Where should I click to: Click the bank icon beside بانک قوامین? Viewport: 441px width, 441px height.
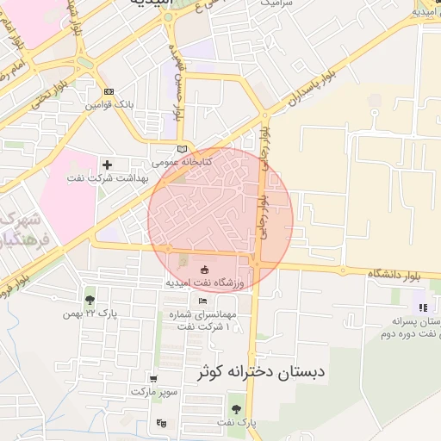pyautogui.click(x=108, y=91)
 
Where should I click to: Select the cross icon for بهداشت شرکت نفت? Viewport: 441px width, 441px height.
pyautogui.click(x=107, y=164)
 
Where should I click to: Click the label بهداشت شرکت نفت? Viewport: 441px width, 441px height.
pyautogui.click(x=108, y=178)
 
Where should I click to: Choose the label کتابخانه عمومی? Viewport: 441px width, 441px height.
pyautogui.click(x=177, y=161)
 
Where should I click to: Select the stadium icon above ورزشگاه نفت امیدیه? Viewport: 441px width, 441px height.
pyautogui.click(x=204, y=270)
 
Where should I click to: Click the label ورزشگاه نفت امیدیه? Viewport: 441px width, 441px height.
pyautogui.click(x=205, y=283)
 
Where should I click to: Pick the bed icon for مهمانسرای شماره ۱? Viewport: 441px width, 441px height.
pyautogui.click(x=202, y=301)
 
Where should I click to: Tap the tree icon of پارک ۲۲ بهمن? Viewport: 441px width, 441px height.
pyautogui.click(x=90, y=300)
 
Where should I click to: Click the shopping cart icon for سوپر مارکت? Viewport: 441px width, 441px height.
pyautogui.click(x=153, y=378)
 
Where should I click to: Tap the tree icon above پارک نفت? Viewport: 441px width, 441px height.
pyautogui.click(x=236, y=408)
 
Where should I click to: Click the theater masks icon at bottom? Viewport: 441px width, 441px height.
pyautogui.click(x=161, y=423)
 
